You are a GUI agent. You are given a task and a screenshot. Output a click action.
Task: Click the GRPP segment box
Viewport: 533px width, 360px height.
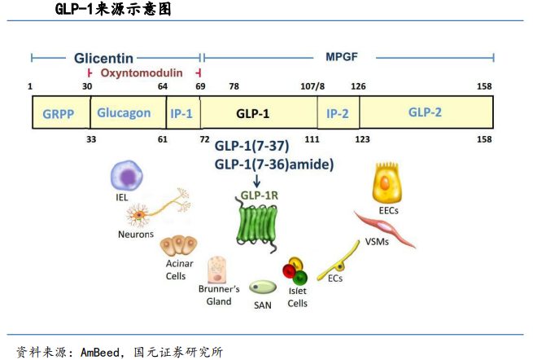(x=59, y=113)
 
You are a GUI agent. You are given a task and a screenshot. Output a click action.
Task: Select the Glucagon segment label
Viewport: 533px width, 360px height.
(x=124, y=112)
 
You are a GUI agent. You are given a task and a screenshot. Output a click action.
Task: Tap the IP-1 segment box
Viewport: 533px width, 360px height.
(x=182, y=113)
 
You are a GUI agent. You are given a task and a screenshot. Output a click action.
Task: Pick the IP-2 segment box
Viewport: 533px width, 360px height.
(x=338, y=113)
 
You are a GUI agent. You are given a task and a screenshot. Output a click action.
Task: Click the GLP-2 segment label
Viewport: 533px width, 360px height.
(x=425, y=112)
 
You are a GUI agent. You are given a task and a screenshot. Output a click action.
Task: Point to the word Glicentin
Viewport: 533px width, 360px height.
(x=103, y=59)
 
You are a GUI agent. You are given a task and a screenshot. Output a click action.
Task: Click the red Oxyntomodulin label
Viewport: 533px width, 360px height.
(x=142, y=72)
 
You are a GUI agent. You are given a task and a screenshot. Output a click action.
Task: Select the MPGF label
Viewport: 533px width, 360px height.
(x=342, y=59)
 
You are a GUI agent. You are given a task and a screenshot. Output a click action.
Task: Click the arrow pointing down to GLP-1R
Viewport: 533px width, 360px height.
(x=258, y=181)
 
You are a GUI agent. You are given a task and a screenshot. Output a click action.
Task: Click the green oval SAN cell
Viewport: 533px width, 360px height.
(x=262, y=288)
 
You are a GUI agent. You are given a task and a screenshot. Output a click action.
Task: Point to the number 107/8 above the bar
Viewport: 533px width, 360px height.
(x=312, y=86)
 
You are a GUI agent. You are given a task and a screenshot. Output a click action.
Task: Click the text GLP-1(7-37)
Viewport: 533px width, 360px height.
(x=251, y=147)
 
